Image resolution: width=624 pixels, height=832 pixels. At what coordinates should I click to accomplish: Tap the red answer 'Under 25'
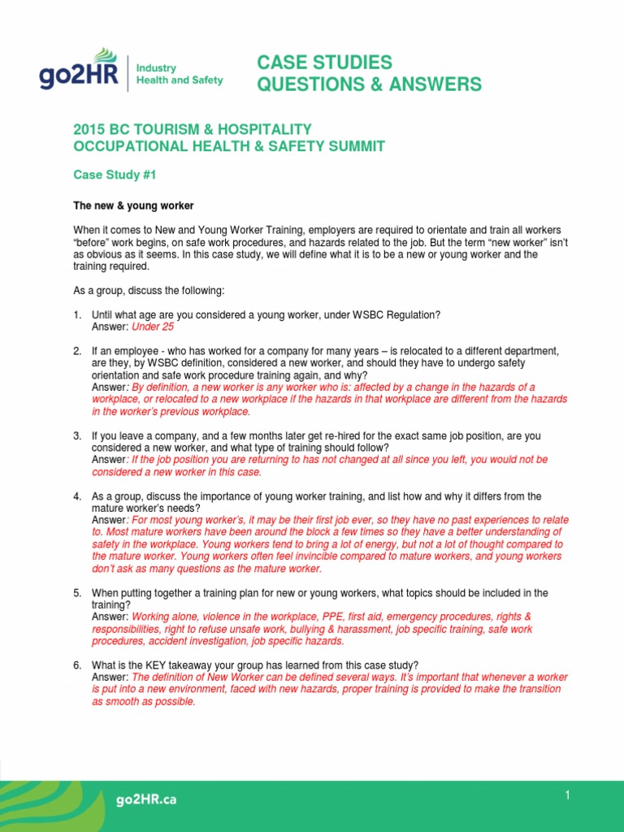pos(153,327)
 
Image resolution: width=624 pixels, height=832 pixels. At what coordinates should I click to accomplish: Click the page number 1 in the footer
pos(568,795)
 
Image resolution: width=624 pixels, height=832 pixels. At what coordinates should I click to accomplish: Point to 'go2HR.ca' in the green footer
pos(145,799)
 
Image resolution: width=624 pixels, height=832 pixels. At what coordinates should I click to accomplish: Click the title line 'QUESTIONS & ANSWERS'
pos(369,84)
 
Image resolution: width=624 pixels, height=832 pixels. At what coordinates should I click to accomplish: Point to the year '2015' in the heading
pos(90,129)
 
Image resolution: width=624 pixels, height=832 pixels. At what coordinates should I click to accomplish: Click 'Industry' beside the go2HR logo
pos(158,68)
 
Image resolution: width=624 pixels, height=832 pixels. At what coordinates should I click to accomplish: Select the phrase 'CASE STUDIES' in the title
pos(324,63)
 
